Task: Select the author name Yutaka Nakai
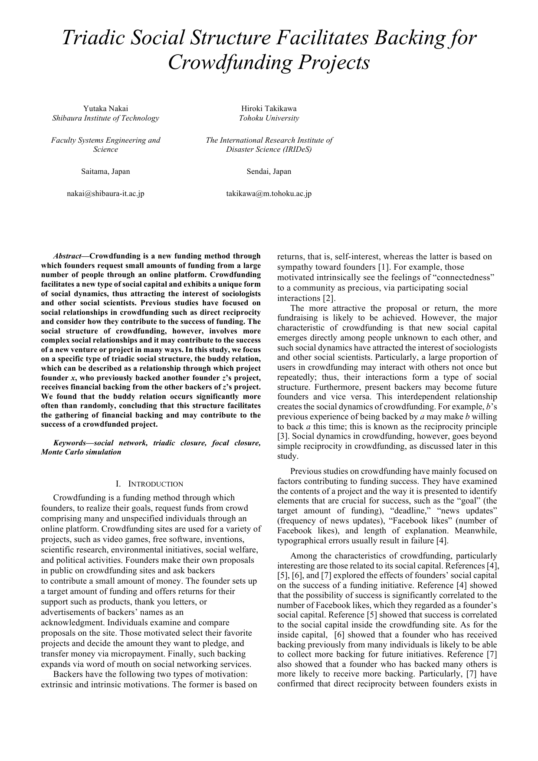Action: click(105, 108)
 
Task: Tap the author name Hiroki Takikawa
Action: click(269, 108)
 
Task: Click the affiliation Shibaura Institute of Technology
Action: click(105, 118)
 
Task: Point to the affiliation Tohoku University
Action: click(269, 118)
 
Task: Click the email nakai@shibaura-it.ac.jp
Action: click(105, 193)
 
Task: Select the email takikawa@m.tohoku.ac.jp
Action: click(269, 193)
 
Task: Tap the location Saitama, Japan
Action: click(105, 171)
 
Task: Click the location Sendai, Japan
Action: click(269, 171)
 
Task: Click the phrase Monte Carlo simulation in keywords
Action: click(81, 452)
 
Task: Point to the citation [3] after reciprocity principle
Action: click(283, 436)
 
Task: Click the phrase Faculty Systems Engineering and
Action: click(105, 140)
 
